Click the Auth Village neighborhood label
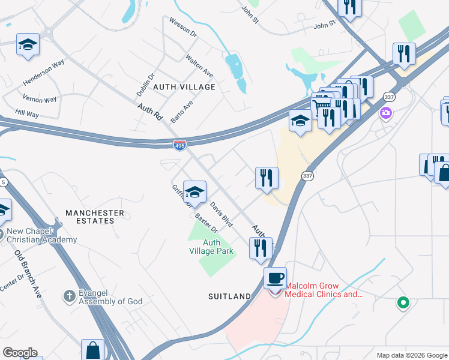coord(184,87)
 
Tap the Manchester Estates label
coord(94,217)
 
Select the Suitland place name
coord(229,296)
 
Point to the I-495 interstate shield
coord(179,145)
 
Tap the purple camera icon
coord(385,112)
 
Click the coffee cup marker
coord(275,278)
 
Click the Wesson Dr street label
coord(183,28)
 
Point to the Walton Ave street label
coord(199,65)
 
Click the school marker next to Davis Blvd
coord(194,192)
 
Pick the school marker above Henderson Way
coord(28,44)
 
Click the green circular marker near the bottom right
coord(403,304)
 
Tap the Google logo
coord(20,353)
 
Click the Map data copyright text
coord(411,355)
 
